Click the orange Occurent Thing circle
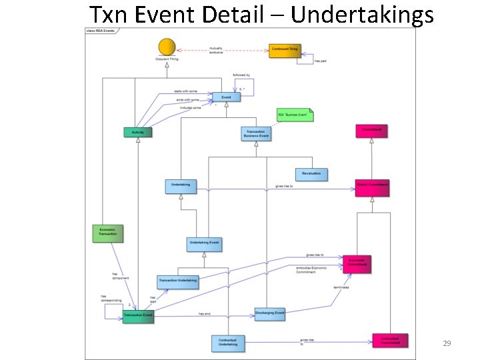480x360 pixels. pos(165,47)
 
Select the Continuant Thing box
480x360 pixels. pos(284,51)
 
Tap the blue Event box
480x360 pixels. pos(226,98)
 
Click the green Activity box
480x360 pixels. pos(137,132)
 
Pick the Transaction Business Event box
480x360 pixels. pos(255,133)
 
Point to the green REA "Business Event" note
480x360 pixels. pos(295,115)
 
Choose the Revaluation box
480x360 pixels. pos(311,173)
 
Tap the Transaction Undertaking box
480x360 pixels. pos(177,281)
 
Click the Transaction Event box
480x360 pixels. pos(138,315)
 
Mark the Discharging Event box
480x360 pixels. pos(270,313)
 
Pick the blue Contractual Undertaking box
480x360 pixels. pos(228,343)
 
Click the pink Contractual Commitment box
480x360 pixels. pos(390,341)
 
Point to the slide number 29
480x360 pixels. pos(447,343)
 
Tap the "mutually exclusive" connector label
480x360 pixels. pos(216,51)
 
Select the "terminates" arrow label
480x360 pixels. pos(341,287)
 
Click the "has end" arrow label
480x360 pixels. pos(205,313)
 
